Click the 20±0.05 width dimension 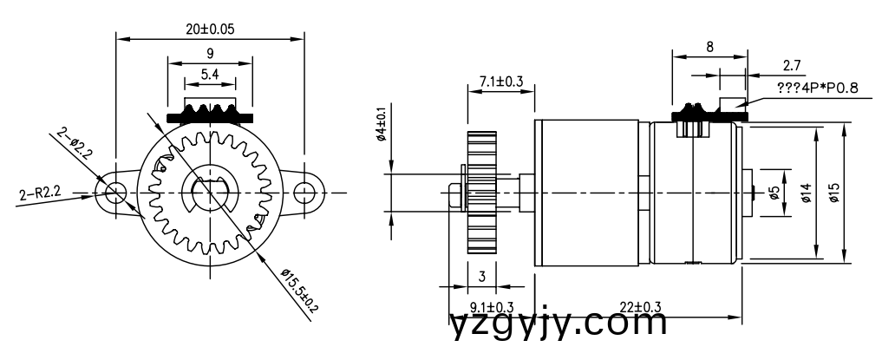tap(210, 28)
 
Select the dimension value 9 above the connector tap(210, 52)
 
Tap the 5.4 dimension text tap(210, 75)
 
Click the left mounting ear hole tap(114, 192)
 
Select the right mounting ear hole tap(305, 192)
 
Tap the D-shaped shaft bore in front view tap(209, 192)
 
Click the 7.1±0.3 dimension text tap(500, 82)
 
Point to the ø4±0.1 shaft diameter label tap(381, 127)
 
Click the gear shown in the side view tap(481, 192)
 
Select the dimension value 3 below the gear tap(483, 278)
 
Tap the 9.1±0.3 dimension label tap(491, 306)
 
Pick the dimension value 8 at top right tap(709, 48)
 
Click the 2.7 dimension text tap(791, 65)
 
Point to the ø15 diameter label tap(833, 193)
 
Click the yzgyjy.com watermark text tap(559, 324)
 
